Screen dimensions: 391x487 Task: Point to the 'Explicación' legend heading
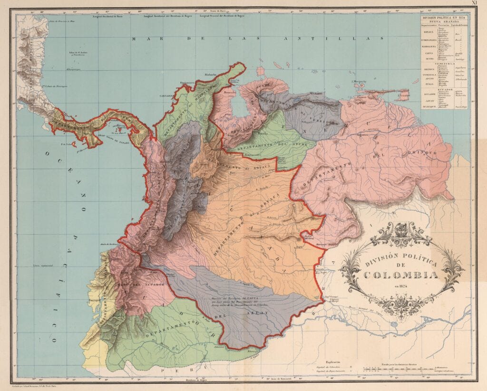click(334, 360)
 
